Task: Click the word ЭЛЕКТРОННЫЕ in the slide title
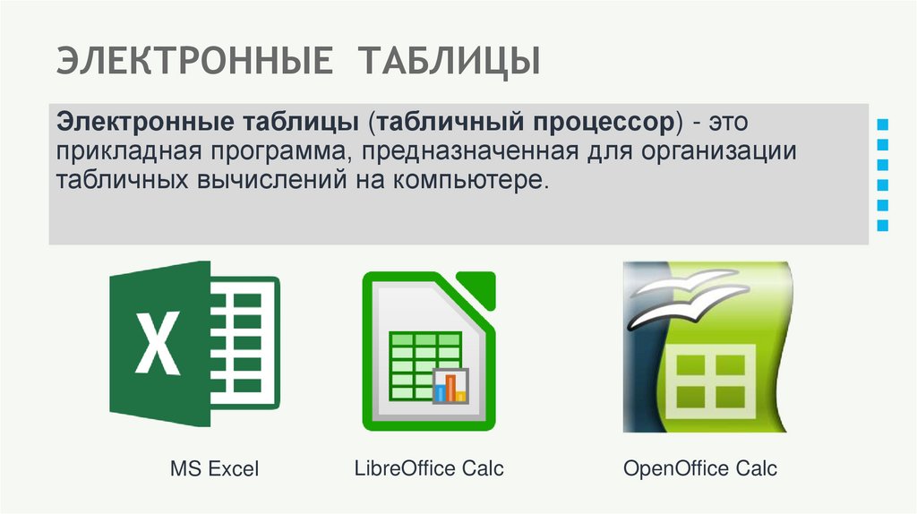[x=195, y=62]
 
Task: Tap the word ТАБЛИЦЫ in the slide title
[x=450, y=62]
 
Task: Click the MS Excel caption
[x=214, y=468]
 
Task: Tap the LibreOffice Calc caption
[x=429, y=467]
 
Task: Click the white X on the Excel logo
[x=159, y=345]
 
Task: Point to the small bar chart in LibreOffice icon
[x=450, y=386]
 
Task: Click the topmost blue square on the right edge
[x=884, y=123]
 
